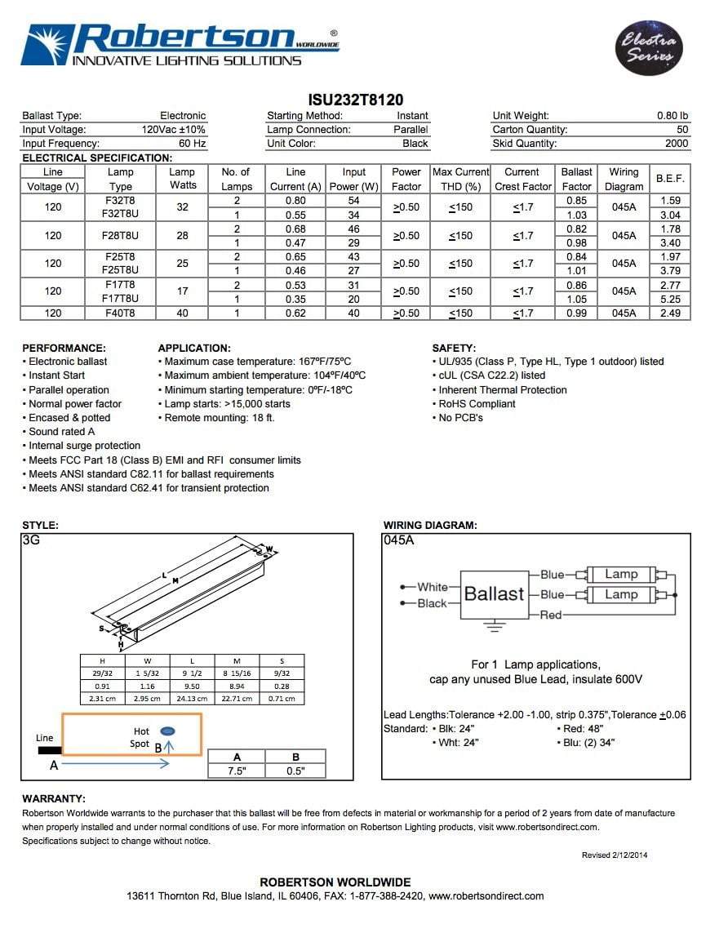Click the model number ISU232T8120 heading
(x=356, y=100)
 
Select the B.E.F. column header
(x=669, y=179)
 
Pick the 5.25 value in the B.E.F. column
(x=669, y=299)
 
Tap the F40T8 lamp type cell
(x=120, y=313)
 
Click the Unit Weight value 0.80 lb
(x=673, y=116)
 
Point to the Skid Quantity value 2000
(x=676, y=144)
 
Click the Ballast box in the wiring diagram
(x=494, y=593)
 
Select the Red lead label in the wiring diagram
(x=551, y=615)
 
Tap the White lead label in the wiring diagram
(x=432, y=587)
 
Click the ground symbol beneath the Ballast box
(x=492, y=626)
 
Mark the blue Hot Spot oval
(x=168, y=731)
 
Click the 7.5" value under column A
(x=237, y=771)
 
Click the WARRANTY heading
(x=54, y=798)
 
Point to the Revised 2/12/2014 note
(x=615, y=855)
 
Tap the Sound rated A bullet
(x=61, y=432)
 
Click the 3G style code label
(x=30, y=540)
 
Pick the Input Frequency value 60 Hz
(x=193, y=144)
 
